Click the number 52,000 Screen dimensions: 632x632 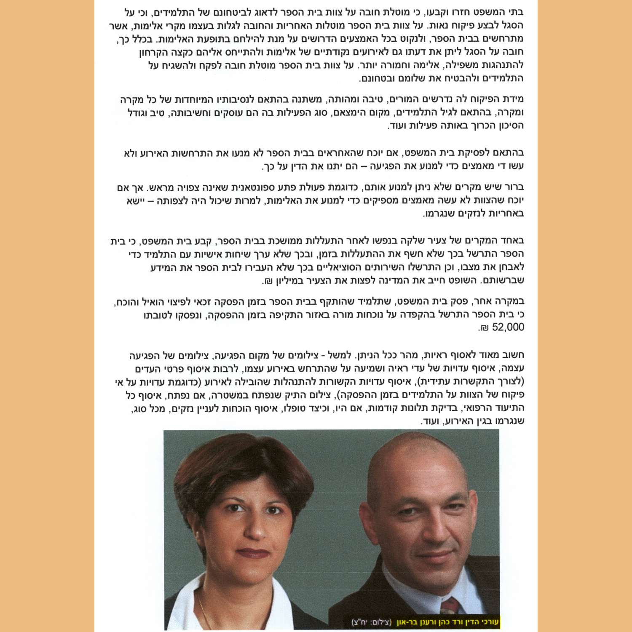click(x=508, y=327)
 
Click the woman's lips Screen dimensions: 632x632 click(x=252, y=552)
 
